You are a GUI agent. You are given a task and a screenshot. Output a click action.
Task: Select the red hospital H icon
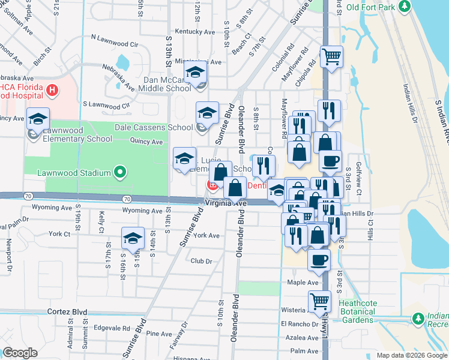(x=53, y=91)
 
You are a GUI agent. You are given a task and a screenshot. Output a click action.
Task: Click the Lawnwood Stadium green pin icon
(x=120, y=173)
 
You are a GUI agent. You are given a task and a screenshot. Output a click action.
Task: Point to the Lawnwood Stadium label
(x=74, y=173)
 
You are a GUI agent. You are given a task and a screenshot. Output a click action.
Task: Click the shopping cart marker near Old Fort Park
(x=331, y=58)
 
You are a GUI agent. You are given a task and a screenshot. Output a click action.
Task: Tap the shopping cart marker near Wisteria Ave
(x=320, y=301)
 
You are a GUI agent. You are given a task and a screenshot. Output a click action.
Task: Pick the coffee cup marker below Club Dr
(x=319, y=259)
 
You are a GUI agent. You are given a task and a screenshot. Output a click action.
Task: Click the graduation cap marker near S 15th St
(x=133, y=238)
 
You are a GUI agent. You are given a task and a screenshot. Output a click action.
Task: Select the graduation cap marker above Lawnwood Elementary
(x=38, y=119)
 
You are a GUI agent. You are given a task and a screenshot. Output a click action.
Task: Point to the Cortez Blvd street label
(x=67, y=312)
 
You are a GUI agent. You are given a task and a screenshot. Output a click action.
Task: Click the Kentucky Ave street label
(x=194, y=31)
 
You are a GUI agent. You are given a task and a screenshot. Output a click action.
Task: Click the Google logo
(x=19, y=353)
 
